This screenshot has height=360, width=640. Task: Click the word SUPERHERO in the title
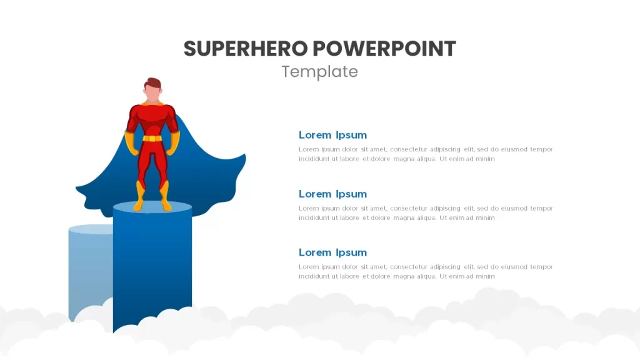click(245, 49)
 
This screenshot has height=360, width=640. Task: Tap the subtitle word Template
click(319, 72)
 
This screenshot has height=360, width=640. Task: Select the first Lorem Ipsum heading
click(332, 135)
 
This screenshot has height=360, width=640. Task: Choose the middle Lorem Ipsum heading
click(332, 194)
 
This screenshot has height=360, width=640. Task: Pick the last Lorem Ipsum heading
click(332, 252)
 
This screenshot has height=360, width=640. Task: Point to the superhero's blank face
click(152, 94)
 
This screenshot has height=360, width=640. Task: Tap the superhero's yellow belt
click(152, 138)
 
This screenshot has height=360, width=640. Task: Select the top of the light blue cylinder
click(91, 229)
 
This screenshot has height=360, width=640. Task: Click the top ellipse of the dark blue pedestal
click(152, 207)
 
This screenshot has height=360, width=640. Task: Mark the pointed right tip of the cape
click(245, 155)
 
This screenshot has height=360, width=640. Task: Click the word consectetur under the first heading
click(408, 149)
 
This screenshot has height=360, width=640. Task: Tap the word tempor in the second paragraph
click(541, 209)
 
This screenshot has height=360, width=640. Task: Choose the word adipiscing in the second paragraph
click(445, 209)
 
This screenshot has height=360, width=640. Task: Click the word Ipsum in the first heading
click(351, 135)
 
